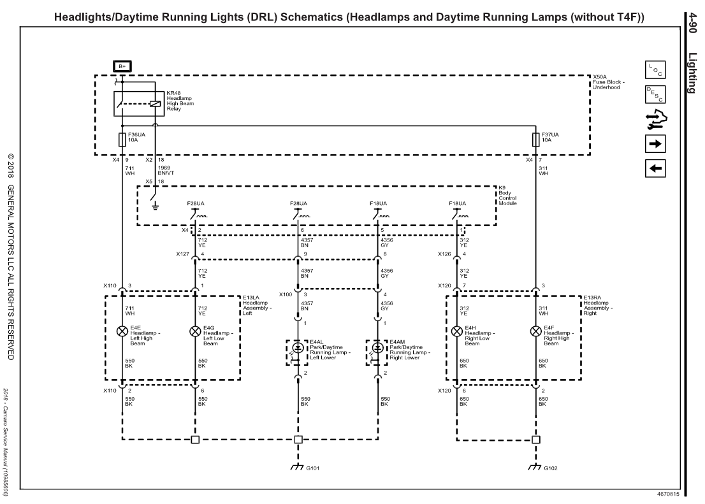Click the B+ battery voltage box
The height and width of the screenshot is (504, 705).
pyautogui.click(x=122, y=66)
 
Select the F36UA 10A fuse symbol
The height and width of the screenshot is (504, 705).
pyautogui.click(x=122, y=140)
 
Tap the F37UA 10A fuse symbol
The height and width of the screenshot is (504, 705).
pyautogui.click(x=535, y=140)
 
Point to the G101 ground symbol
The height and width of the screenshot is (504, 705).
pyautogui.click(x=298, y=466)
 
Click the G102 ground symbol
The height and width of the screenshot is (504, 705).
pyautogui.click(x=535, y=466)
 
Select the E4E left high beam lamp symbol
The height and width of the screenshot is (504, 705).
pyautogui.click(x=122, y=331)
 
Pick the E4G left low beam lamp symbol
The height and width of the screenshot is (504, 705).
pyautogui.click(x=194, y=331)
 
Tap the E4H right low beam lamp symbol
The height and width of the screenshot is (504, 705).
pyautogui.click(x=456, y=331)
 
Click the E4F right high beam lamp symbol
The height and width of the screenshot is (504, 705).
pyautogui.click(x=535, y=331)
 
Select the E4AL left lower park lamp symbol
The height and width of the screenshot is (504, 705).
pyautogui.click(x=298, y=349)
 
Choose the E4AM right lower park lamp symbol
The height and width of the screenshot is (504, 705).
pyautogui.click(x=377, y=349)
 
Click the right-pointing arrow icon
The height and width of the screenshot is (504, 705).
pyautogui.click(x=656, y=143)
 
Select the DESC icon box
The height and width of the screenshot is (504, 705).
pyautogui.click(x=656, y=94)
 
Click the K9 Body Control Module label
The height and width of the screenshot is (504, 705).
pyautogui.click(x=509, y=195)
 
